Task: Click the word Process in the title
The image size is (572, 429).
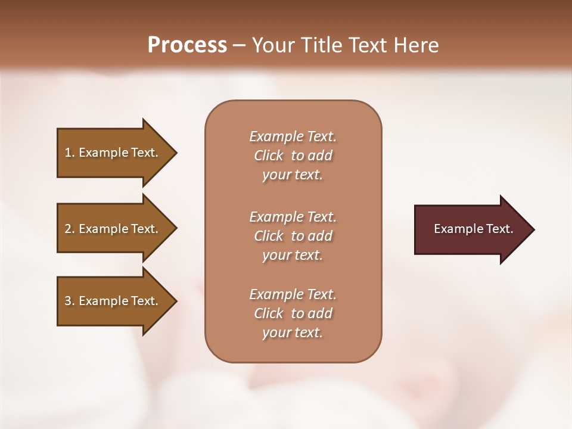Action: (187, 45)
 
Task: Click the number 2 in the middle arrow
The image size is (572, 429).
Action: (68, 229)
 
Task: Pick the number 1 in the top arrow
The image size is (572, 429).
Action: (68, 153)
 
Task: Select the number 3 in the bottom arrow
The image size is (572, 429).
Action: (68, 301)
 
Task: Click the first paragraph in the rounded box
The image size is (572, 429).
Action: (293, 156)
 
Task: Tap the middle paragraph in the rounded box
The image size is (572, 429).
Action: (293, 236)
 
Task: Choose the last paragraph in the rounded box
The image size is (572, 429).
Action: (293, 313)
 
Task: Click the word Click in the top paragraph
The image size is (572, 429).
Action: (268, 156)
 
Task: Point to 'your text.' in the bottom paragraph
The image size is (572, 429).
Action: (293, 332)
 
